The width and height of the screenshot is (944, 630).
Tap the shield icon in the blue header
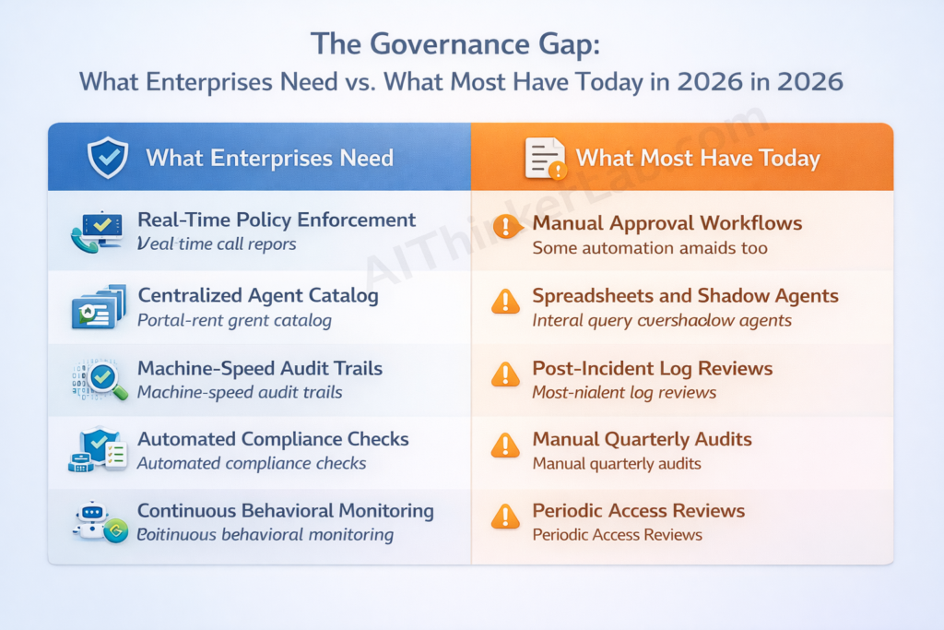(107, 157)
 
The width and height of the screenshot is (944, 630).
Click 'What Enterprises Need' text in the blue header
(269, 158)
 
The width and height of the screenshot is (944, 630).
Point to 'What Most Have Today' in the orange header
(698, 158)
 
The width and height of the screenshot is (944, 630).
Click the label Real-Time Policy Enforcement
(277, 220)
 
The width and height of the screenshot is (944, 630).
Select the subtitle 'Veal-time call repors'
(217, 244)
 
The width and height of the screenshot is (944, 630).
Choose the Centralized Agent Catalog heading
(258, 295)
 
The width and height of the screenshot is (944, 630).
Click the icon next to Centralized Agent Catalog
(98, 307)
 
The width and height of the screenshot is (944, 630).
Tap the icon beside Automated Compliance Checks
(98, 450)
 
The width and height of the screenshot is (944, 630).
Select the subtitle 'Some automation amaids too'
(650, 248)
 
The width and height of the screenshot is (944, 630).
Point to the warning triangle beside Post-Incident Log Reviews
(505, 374)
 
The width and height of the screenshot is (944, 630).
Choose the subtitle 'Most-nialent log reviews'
(624, 392)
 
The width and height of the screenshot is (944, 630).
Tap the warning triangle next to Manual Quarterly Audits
(505, 446)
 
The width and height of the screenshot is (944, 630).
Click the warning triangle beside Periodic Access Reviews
(505, 517)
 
